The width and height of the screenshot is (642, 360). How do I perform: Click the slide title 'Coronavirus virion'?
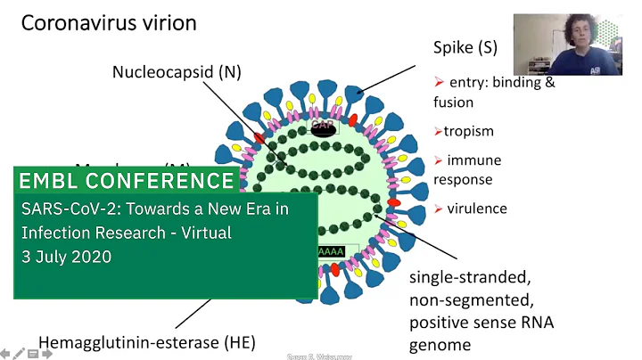[109, 23]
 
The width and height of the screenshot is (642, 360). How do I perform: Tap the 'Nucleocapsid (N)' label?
[177, 71]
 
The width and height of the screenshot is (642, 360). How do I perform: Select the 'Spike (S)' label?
[465, 47]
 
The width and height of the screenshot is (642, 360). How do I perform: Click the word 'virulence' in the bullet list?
[476, 209]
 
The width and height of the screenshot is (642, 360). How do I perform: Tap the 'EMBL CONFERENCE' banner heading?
[127, 182]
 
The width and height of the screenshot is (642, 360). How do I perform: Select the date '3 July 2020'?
[68, 256]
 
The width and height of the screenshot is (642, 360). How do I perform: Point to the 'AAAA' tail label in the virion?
[331, 252]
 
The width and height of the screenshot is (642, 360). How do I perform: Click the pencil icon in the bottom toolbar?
[19, 354]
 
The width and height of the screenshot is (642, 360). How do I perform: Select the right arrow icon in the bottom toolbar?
[47, 354]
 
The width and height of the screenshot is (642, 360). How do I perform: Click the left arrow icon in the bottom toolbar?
[5, 354]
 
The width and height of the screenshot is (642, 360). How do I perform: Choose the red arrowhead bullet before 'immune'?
[438, 160]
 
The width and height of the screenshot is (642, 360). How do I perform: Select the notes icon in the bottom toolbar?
[33, 354]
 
